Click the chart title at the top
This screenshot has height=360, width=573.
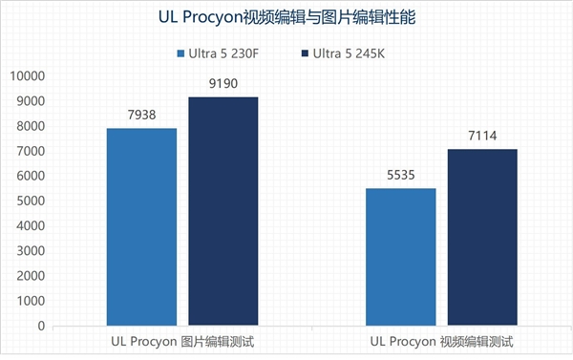286,17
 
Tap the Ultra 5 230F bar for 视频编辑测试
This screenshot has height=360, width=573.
400,257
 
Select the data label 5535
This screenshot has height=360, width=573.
400,177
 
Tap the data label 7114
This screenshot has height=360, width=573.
482,138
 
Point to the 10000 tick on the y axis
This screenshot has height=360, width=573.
29,76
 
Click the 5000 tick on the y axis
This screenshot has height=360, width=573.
32,201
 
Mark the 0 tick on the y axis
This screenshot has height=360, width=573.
41,326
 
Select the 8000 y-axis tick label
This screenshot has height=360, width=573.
32,126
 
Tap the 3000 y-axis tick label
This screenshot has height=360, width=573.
32,251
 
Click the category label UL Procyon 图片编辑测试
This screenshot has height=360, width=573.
181,341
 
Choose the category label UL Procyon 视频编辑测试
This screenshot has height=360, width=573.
441,341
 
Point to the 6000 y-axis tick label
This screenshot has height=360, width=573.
32,177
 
